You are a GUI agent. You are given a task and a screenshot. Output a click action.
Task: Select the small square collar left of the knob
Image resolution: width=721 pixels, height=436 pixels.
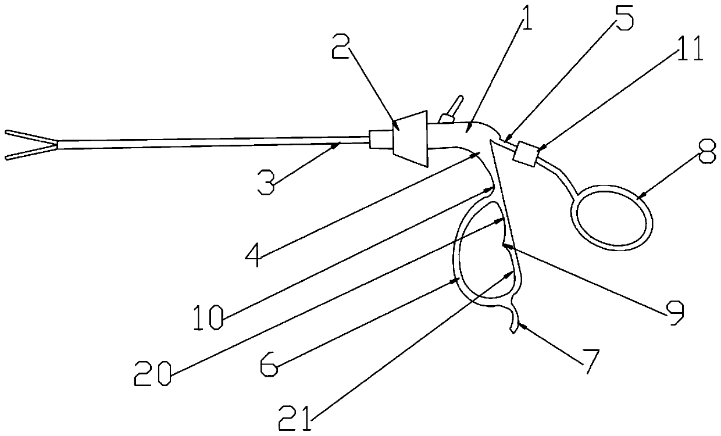click(379, 139)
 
